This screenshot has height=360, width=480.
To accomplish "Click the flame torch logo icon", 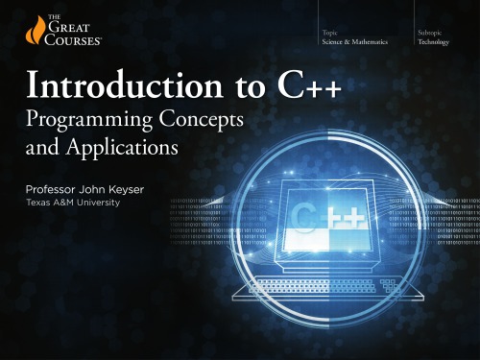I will point(21,34).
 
